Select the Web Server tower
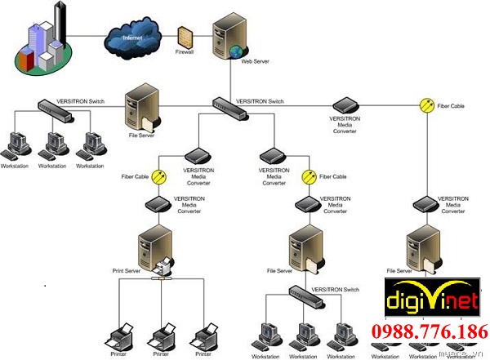pyautogui.click(x=225, y=39)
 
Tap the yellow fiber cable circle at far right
pyautogui.click(x=426, y=104)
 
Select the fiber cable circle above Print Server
pyautogui.click(x=158, y=176)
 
